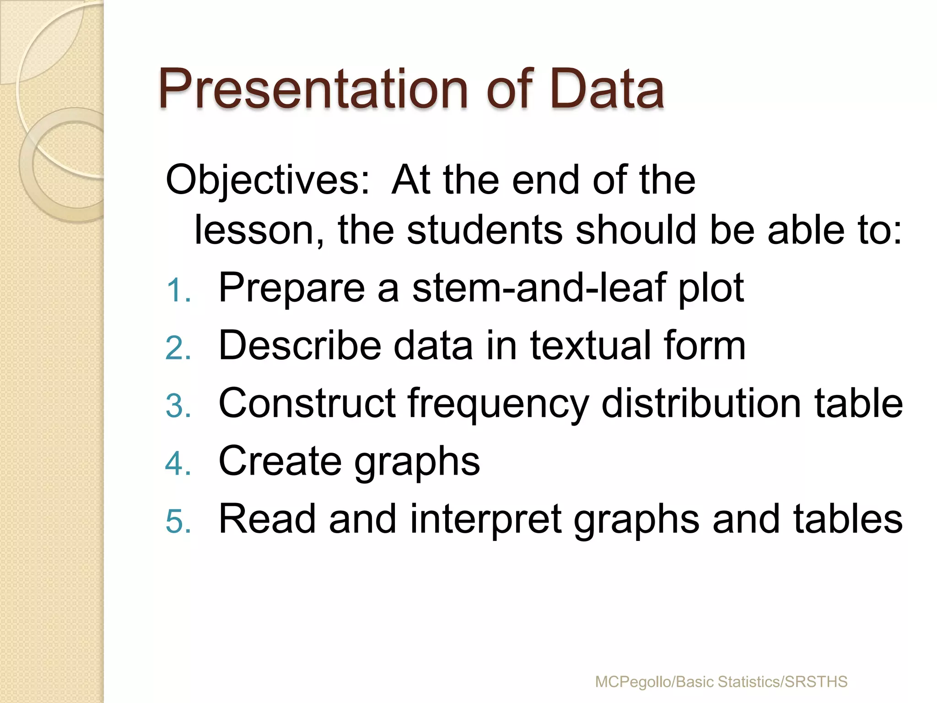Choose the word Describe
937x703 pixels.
(300, 346)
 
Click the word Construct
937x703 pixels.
(307, 404)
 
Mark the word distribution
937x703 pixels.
(700, 404)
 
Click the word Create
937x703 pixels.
(280, 461)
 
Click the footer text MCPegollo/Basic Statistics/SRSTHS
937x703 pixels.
(721, 682)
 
